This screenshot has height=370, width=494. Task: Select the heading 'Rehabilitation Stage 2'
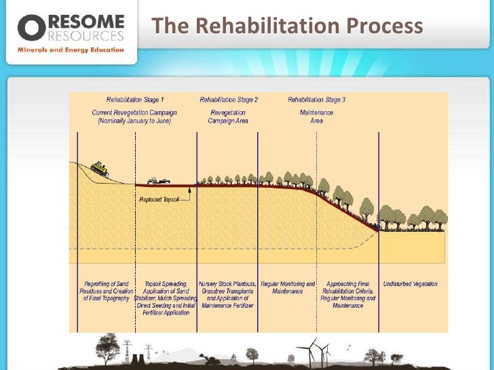click(228, 100)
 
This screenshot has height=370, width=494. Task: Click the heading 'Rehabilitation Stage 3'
click(317, 100)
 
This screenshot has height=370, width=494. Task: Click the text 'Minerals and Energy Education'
click(71, 49)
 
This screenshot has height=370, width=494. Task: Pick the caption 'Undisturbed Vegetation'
click(411, 284)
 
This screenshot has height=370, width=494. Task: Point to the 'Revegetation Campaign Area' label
click(228, 116)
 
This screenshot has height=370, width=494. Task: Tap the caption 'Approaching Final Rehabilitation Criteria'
click(348, 294)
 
